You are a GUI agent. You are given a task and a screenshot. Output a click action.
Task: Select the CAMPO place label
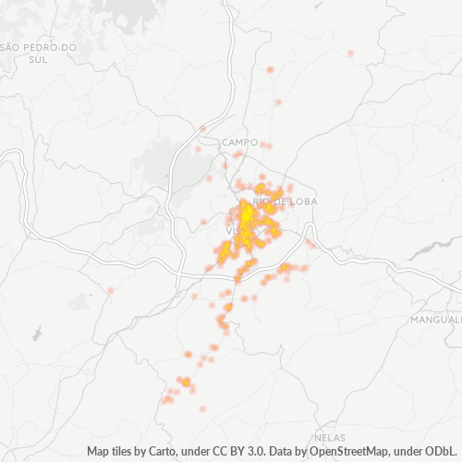pyautogui.click(x=239, y=142)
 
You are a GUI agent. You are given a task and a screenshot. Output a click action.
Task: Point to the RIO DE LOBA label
pyautogui.click(x=272, y=201)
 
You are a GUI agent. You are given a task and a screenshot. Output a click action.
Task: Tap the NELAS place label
pyautogui.click(x=329, y=435)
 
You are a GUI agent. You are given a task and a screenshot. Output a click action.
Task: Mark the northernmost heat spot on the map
pyautogui.click(x=351, y=54)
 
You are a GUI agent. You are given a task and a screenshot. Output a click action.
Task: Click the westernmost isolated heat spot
pyautogui.click(x=110, y=291)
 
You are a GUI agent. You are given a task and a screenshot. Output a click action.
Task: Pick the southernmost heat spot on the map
pyautogui.click(x=202, y=407)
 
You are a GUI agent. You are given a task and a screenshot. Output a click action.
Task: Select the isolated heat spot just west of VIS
pyautogui.click(x=204, y=222)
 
